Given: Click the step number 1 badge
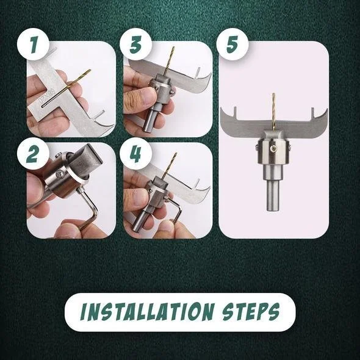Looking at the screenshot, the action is coord(34,45).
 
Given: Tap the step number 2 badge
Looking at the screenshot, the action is coord(34,153).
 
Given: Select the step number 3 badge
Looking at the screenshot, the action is coord(135,45).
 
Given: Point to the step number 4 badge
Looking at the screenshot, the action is coord(135,153).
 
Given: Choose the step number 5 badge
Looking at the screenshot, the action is coord(232,45).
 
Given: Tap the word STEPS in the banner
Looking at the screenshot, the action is coord(251,312).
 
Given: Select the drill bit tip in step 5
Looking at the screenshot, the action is coord(273,93).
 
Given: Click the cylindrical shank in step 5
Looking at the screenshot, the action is coord(273,189).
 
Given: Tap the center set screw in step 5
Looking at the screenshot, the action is coord(273,149).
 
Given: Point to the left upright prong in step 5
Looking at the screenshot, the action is coord(235,112).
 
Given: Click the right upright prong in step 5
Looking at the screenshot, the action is coord(312,112).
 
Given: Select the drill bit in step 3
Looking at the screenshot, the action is coord(168,60).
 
